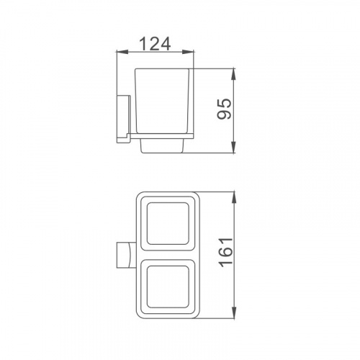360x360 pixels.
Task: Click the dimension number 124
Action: (155, 44)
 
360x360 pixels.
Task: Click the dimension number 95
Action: (224, 109)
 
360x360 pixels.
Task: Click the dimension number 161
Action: (225, 252)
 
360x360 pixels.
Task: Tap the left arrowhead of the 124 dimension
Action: (122, 52)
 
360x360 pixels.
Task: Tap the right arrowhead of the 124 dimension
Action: (187, 52)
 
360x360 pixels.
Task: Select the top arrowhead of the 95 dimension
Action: (234, 75)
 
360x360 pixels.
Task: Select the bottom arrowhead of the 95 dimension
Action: (234, 147)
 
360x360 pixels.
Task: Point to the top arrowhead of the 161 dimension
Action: (234, 198)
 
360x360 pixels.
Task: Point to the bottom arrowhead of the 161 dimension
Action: (234, 312)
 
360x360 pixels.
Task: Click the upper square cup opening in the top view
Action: (168, 223)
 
